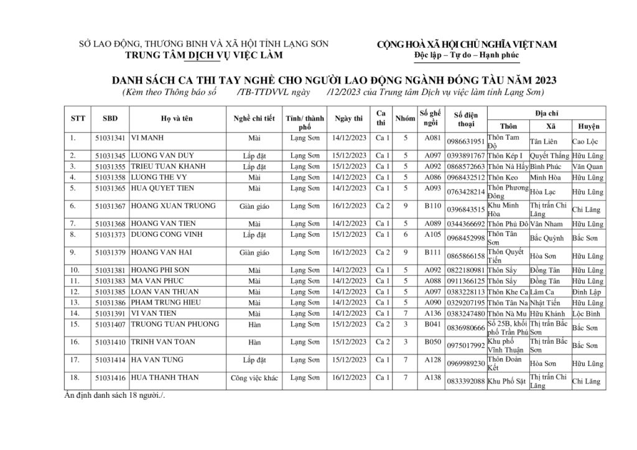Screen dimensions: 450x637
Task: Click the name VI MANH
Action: (x=147, y=138)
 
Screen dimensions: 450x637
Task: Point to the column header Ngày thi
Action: (x=348, y=118)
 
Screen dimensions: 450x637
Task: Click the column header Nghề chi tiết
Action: (x=254, y=118)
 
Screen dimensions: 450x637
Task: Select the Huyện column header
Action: (x=588, y=126)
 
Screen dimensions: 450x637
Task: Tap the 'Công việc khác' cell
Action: (x=254, y=378)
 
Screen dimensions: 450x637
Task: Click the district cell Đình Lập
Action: (x=587, y=292)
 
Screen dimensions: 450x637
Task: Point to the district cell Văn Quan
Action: (x=588, y=167)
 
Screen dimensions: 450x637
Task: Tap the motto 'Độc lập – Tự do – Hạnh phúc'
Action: (x=467, y=56)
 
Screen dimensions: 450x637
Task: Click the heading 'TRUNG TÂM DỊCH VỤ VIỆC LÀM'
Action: (x=204, y=55)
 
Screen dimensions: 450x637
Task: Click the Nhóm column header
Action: (x=405, y=118)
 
